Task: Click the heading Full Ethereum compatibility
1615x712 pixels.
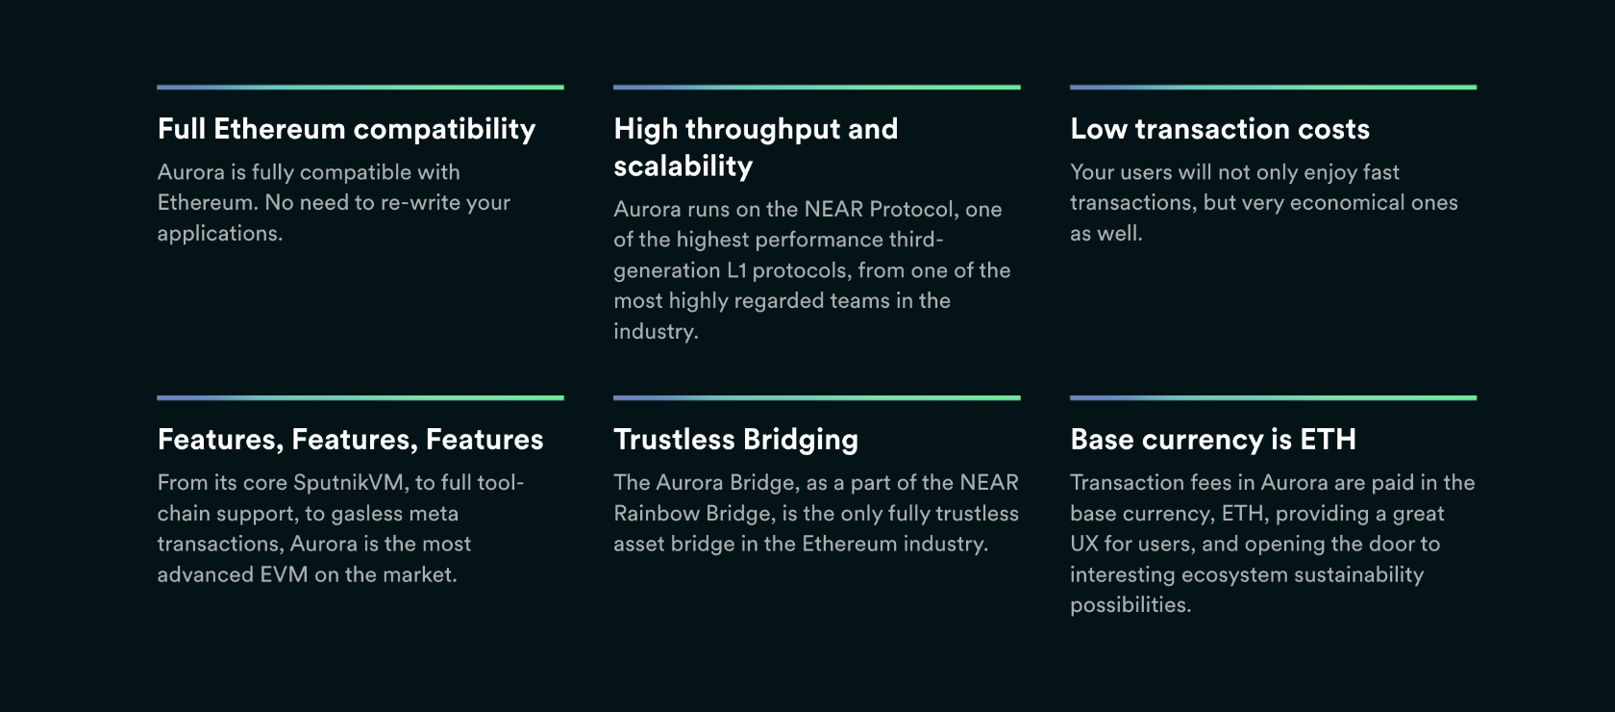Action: tap(346, 130)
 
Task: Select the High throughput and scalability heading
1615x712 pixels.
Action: tap(756, 148)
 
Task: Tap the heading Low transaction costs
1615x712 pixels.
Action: tap(1220, 129)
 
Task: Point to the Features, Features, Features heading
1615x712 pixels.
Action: tap(350, 440)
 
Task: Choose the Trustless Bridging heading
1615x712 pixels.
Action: tap(736, 440)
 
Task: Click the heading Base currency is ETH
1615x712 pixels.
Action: tap(1213, 440)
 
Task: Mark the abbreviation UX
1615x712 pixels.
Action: tap(1083, 544)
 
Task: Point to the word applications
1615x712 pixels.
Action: tap(220, 235)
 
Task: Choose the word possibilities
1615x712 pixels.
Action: tap(1130, 605)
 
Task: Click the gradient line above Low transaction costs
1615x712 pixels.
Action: tap(1273, 88)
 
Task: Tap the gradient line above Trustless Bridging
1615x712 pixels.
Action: tap(817, 397)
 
